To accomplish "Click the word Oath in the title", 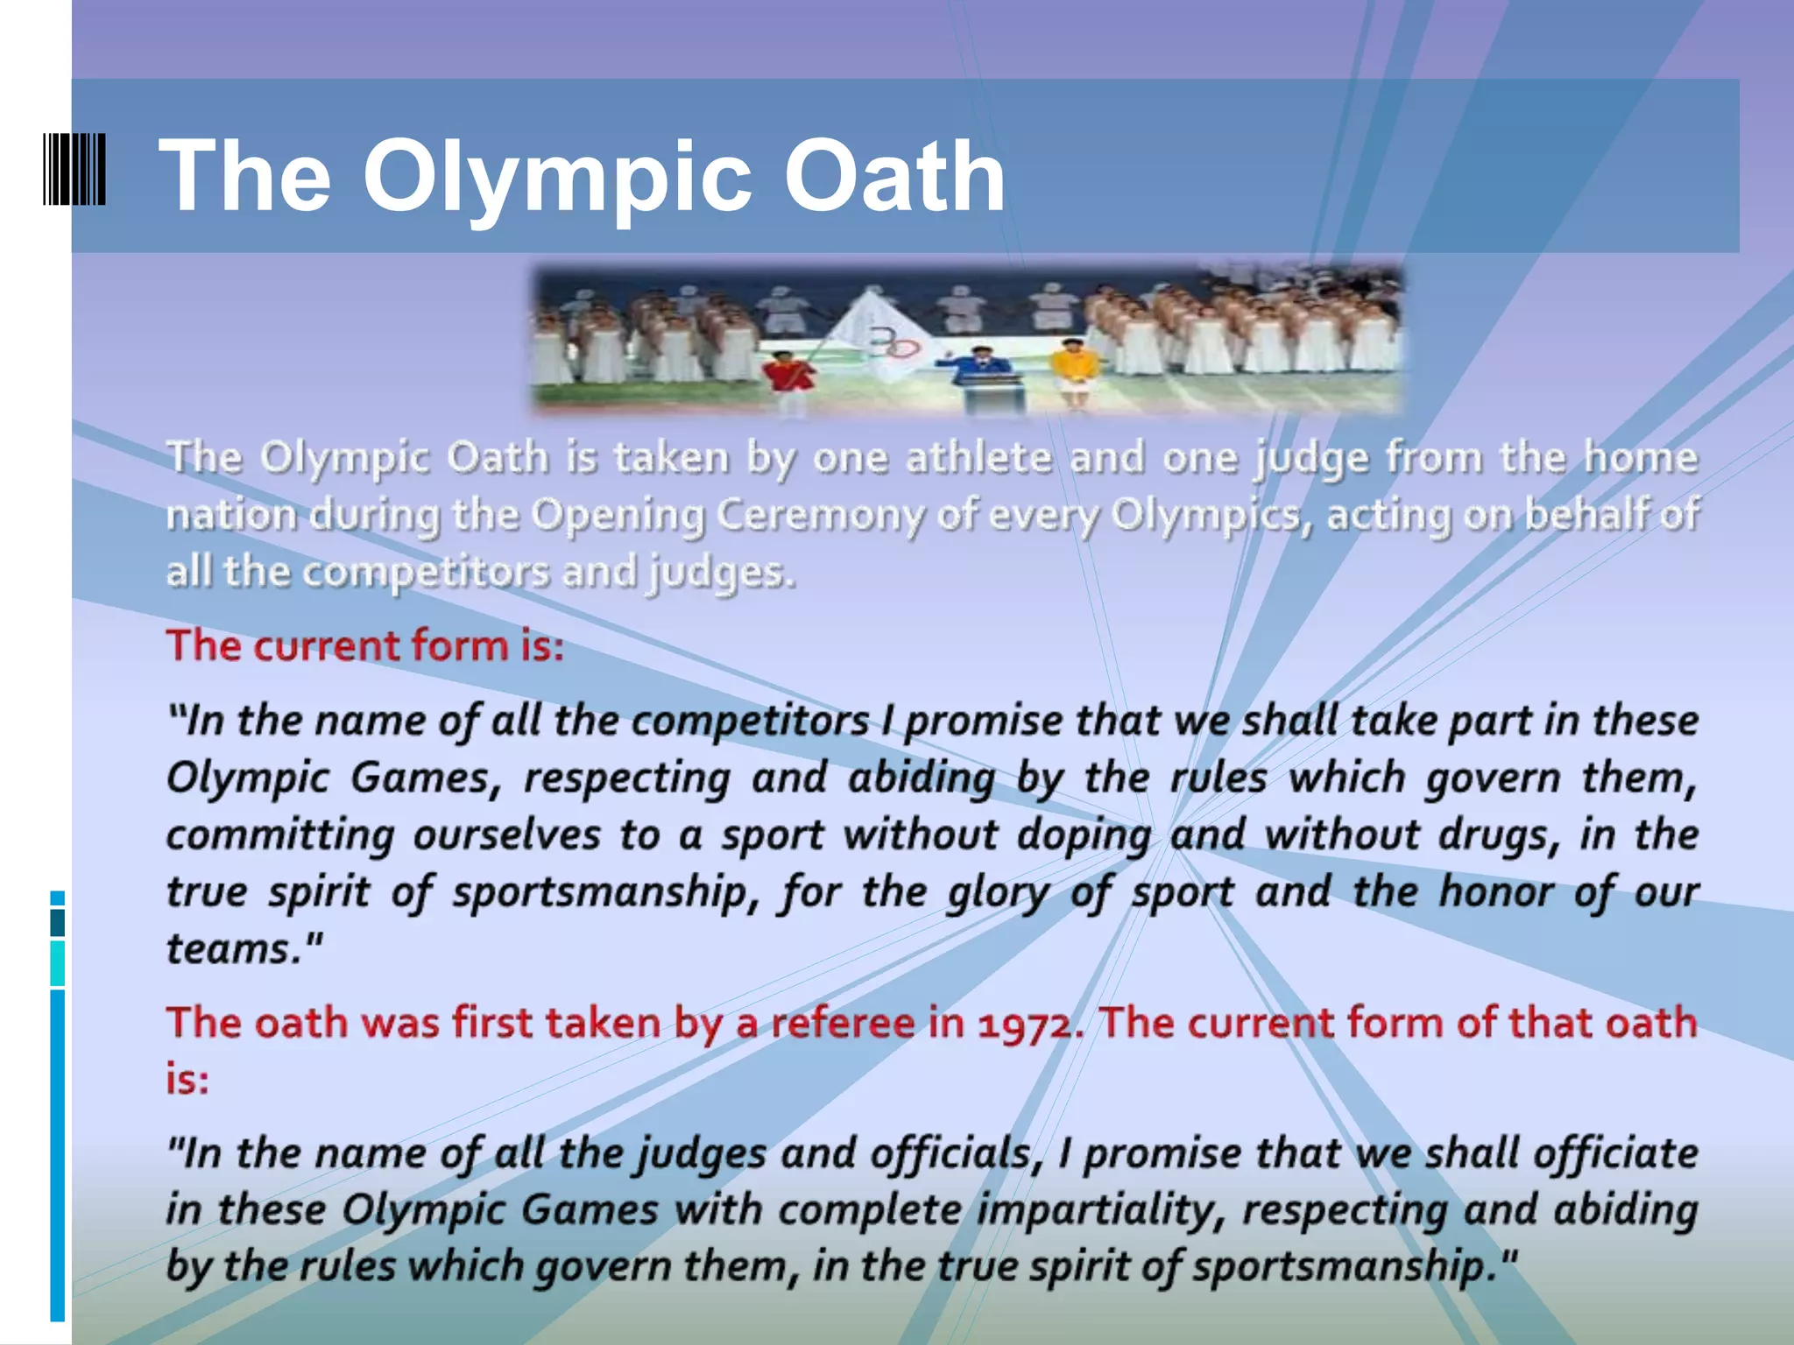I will (x=893, y=177).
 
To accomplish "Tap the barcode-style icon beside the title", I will (x=74, y=169).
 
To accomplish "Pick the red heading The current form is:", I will (x=365, y=645).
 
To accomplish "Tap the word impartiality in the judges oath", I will (x=1098, y=1210).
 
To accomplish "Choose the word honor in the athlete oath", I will (x=1497, y=891).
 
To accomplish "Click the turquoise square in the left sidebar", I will (x=58, y=963).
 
